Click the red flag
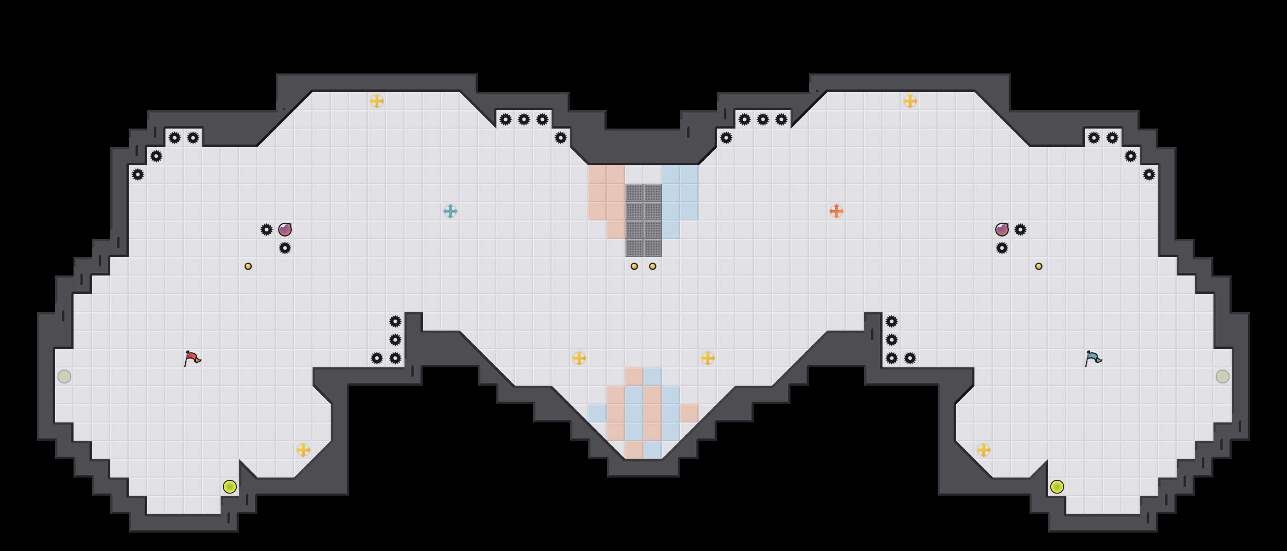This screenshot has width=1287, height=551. point(192,358)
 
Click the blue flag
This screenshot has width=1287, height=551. point(1093,358)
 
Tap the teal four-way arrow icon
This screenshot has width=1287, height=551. point(450,211)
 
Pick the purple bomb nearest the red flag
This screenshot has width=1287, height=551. point(285,230)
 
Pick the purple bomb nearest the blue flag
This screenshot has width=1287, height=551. point(1002,230)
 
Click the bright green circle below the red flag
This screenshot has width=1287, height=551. point(230,487)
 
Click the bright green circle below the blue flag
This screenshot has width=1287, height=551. point(1057,487)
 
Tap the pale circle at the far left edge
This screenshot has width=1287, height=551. point(64,377)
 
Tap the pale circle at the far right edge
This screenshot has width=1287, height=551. point(1223,377)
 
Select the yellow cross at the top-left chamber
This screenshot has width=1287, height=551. point(377,101)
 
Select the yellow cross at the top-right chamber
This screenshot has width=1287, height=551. point(910,101)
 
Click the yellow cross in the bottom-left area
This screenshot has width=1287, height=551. point(303,450)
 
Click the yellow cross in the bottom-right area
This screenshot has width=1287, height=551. point(983,450)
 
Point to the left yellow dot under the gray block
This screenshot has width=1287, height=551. point(634,266)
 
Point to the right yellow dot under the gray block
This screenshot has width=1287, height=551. point(653,266)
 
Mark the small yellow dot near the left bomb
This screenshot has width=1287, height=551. point(248,266)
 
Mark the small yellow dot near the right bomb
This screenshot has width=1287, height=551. point(1039,266)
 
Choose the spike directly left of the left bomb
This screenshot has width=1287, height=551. point(266,230)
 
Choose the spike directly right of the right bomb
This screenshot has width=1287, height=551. point(1020,230)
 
